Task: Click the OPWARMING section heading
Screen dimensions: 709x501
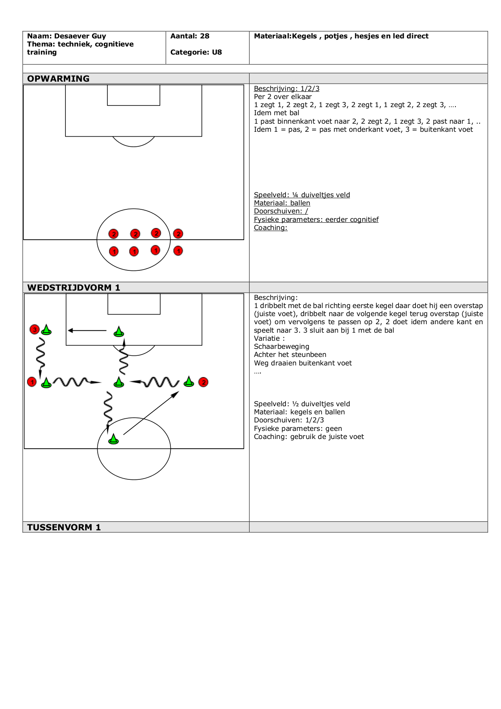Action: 58,78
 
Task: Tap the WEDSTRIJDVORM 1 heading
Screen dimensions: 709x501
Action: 73,287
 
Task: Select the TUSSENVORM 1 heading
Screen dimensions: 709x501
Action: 64,527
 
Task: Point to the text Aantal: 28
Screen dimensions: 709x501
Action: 190,36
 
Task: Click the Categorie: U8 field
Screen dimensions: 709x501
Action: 196,52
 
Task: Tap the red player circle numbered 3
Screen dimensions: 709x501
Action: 35,330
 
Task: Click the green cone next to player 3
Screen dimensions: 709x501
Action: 46,330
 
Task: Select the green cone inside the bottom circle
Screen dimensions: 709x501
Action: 113,439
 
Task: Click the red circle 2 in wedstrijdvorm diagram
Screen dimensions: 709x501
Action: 203,382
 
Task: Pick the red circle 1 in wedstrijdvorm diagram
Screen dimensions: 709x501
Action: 32,382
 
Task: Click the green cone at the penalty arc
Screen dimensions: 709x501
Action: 119,332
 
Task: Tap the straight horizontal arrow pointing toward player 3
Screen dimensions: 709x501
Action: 87,331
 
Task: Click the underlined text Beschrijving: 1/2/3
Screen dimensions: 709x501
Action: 287,89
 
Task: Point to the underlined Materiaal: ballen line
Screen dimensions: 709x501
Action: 282,203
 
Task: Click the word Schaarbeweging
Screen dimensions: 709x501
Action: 281,346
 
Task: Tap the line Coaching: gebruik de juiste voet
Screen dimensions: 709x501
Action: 309,437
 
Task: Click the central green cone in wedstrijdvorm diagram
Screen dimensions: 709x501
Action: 119,382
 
